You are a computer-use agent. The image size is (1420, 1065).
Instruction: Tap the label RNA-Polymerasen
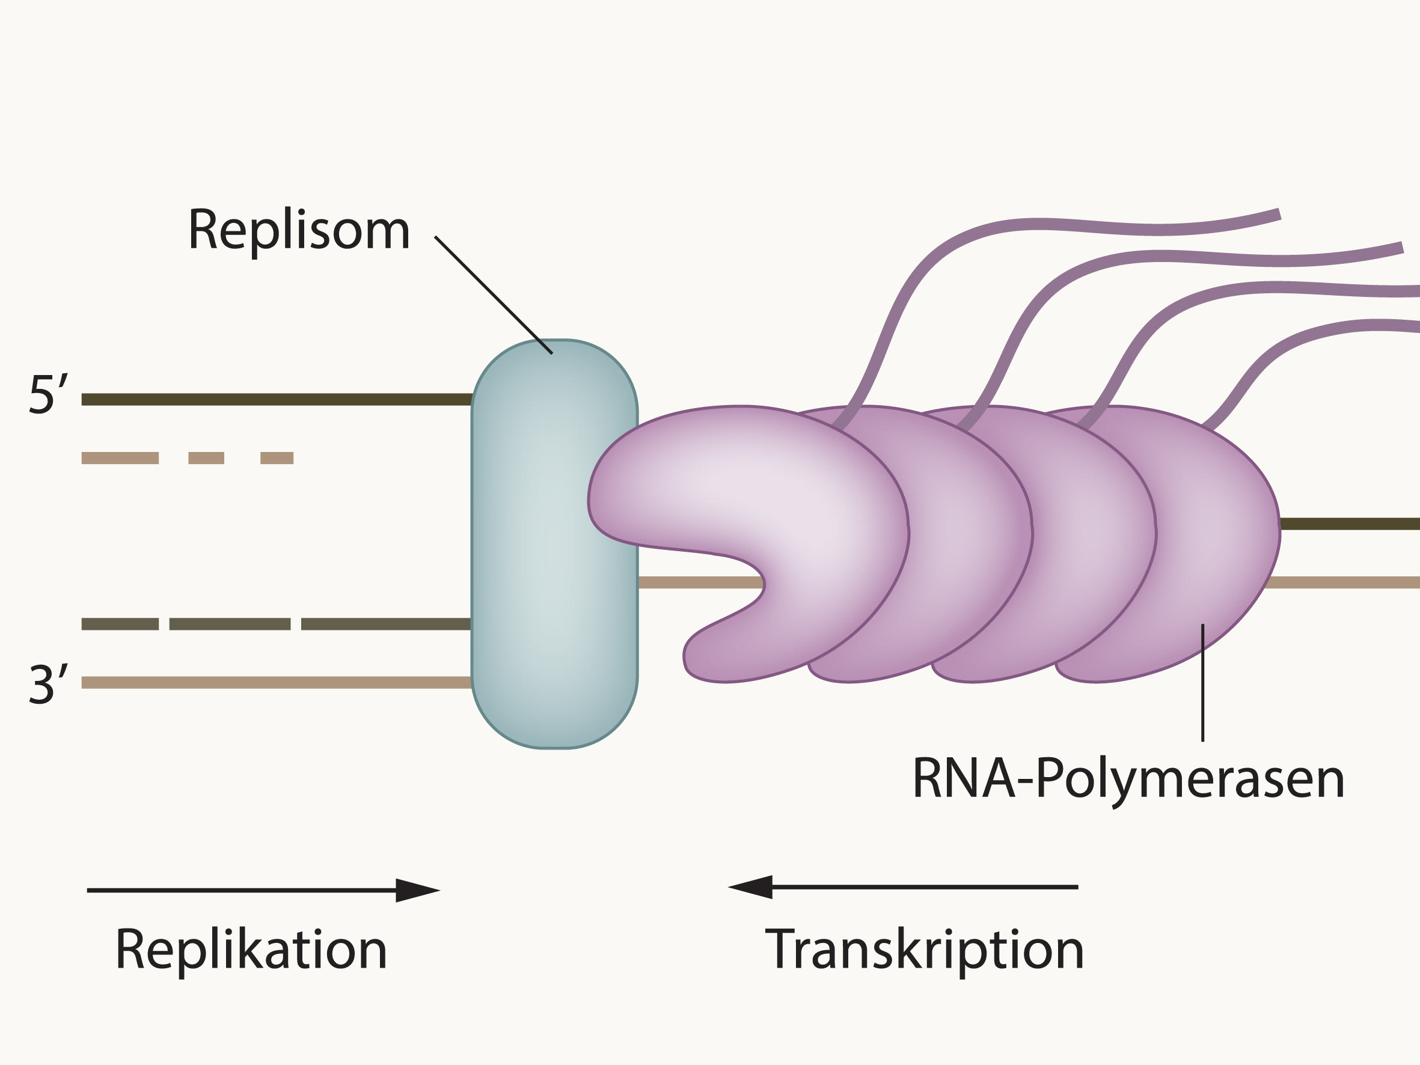click(1128, 781)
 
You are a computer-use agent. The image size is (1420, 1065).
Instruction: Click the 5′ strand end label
click(48, 395)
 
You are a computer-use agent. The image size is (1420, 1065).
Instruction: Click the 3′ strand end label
click(48, 685)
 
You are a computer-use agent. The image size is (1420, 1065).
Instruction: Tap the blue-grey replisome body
click(555, 545)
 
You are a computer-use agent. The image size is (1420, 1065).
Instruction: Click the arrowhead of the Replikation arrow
click(417, 890)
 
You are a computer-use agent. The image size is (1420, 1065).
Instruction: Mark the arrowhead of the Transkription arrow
click(750, 887)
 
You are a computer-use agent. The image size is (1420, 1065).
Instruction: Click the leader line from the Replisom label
click(493, 294)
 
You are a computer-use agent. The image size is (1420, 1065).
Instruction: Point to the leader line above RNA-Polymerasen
click(1202, 682)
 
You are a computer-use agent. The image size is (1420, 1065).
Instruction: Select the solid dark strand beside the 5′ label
click(277, 399)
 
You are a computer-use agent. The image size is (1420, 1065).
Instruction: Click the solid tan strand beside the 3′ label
click(277, 682)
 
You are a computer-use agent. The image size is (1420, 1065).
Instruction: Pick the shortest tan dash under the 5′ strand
click(277, 458)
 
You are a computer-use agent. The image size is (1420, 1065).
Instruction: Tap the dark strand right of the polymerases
click(1350, 524)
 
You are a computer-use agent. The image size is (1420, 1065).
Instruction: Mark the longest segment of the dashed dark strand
click(386, 624)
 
